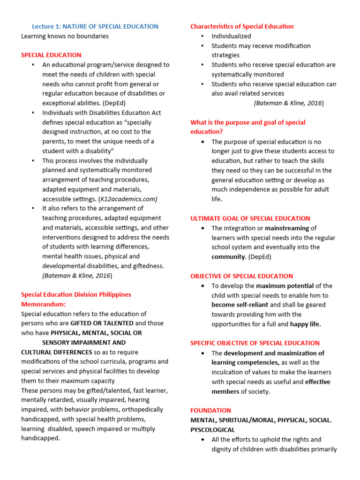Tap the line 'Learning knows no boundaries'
tap(65, 36)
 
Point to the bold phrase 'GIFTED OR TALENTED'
tap(102, 323)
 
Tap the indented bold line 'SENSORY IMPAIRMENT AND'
tap(84, 343)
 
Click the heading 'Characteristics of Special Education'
tap(242, 26)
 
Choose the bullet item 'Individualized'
tap(231, 36)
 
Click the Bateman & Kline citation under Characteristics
tap(288, 103)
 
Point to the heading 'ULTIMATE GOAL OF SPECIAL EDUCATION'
tap(250, 218)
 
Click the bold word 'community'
tap(228, 257)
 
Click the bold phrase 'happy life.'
tap(305, 324)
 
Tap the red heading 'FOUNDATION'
tap(210, 410)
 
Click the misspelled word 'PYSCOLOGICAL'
tap(212, 429)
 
